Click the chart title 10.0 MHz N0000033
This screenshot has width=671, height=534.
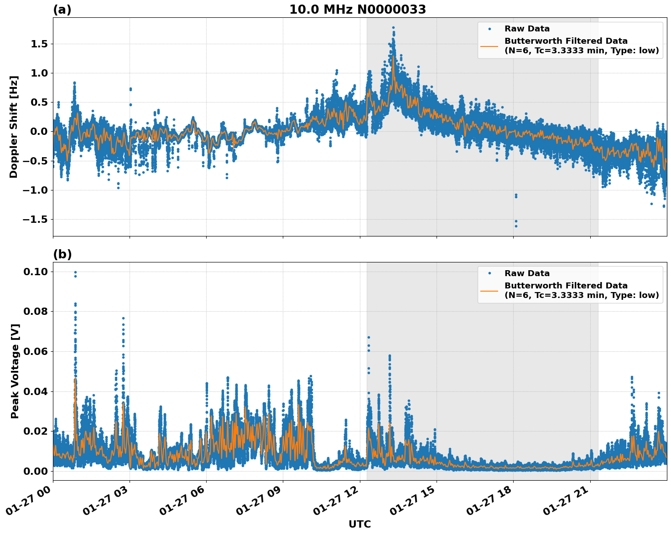(357, 10)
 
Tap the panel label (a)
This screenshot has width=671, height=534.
(62, 10)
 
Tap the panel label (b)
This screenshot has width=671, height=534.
(62, 254)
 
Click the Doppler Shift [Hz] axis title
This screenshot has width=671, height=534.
(14, 127)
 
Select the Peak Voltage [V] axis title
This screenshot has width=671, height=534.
(15, 371)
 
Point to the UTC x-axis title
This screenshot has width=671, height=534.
(359, 524)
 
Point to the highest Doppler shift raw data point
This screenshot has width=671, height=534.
(393, 28)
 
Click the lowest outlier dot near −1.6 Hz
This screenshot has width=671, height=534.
(516, 226)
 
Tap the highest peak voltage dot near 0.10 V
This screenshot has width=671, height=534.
(75, 272)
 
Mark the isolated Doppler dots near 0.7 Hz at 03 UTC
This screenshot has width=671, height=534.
(130, 89)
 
